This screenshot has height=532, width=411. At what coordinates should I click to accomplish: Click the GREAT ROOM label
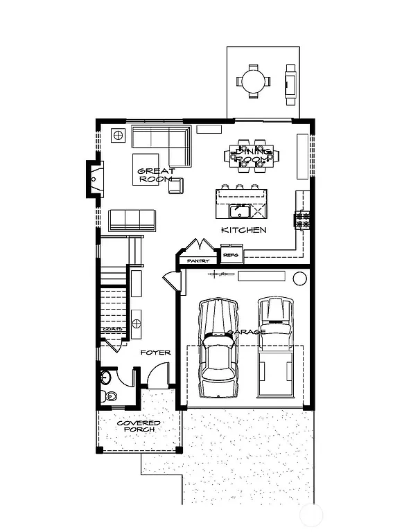coord(155,175)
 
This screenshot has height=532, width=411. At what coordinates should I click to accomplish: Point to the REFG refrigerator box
coord(231,256)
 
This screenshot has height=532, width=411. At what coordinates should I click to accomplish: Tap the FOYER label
coord(155,353)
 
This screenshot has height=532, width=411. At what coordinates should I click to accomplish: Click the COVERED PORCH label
coord(139,426)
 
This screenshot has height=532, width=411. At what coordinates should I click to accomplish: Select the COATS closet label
coord(114,329)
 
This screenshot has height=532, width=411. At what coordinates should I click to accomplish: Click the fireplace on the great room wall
coord(94,177)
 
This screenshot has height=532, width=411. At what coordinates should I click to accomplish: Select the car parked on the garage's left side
coord(218,348)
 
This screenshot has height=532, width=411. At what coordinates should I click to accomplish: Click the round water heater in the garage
coord(299,278)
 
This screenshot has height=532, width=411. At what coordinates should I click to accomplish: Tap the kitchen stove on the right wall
coord(302,221)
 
